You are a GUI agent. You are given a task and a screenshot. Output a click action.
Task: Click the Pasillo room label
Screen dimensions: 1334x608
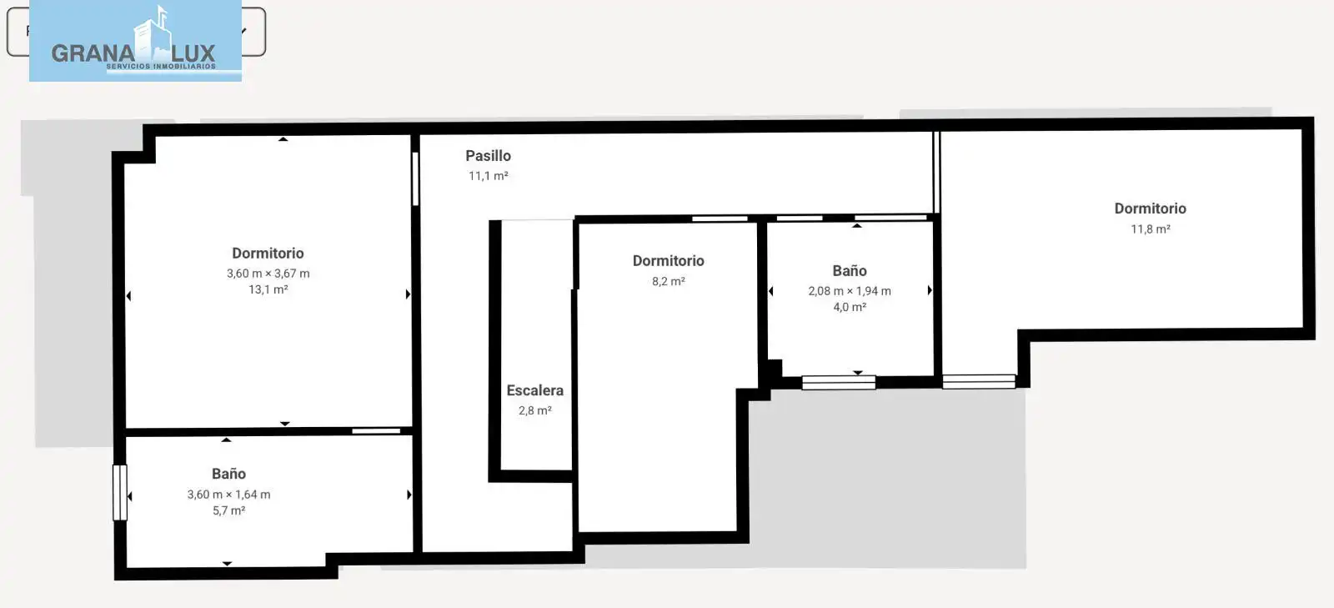click(488, 155)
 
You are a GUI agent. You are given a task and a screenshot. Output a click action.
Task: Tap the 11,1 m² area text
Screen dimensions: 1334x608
click(489, 176)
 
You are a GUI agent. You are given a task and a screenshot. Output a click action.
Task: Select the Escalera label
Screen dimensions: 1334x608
click(534, 390)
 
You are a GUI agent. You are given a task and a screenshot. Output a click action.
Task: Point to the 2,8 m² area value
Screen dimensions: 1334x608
click(534, 410)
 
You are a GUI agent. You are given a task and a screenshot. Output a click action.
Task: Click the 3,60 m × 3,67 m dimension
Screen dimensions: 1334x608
click(268, 274)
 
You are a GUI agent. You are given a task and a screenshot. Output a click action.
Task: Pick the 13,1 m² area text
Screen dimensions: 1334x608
click(268, 289)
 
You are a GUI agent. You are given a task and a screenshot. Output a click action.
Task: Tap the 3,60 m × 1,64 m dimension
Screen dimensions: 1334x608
click(228, 495)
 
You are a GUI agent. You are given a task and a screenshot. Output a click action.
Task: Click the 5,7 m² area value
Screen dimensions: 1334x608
click(228, 510)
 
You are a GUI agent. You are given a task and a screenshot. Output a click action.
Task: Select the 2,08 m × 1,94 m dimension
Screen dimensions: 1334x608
click(850, 290)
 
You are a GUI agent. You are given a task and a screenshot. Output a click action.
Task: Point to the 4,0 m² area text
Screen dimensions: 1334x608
click(850, 307)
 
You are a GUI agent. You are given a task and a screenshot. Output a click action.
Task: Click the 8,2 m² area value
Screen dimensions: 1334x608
click(668, 281)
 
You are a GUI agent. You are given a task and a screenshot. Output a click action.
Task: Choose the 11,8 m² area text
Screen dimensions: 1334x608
click(1151, 229)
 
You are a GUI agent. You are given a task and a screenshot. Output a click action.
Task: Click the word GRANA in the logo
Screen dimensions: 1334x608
click(93, 53)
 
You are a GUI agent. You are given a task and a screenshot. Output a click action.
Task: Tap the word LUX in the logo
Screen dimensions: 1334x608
click(193, 53)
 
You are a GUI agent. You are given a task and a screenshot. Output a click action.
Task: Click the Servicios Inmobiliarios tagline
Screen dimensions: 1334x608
click(161, 66)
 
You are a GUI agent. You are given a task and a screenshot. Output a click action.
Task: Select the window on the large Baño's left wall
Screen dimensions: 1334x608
click(120, 492)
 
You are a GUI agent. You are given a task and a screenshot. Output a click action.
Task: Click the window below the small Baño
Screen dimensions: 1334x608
click(839, 382)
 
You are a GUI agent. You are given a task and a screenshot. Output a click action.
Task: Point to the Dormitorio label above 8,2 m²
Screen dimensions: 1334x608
click(668, 261)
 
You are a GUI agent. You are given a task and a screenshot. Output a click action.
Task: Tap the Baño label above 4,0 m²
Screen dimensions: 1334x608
click(850, 270)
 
